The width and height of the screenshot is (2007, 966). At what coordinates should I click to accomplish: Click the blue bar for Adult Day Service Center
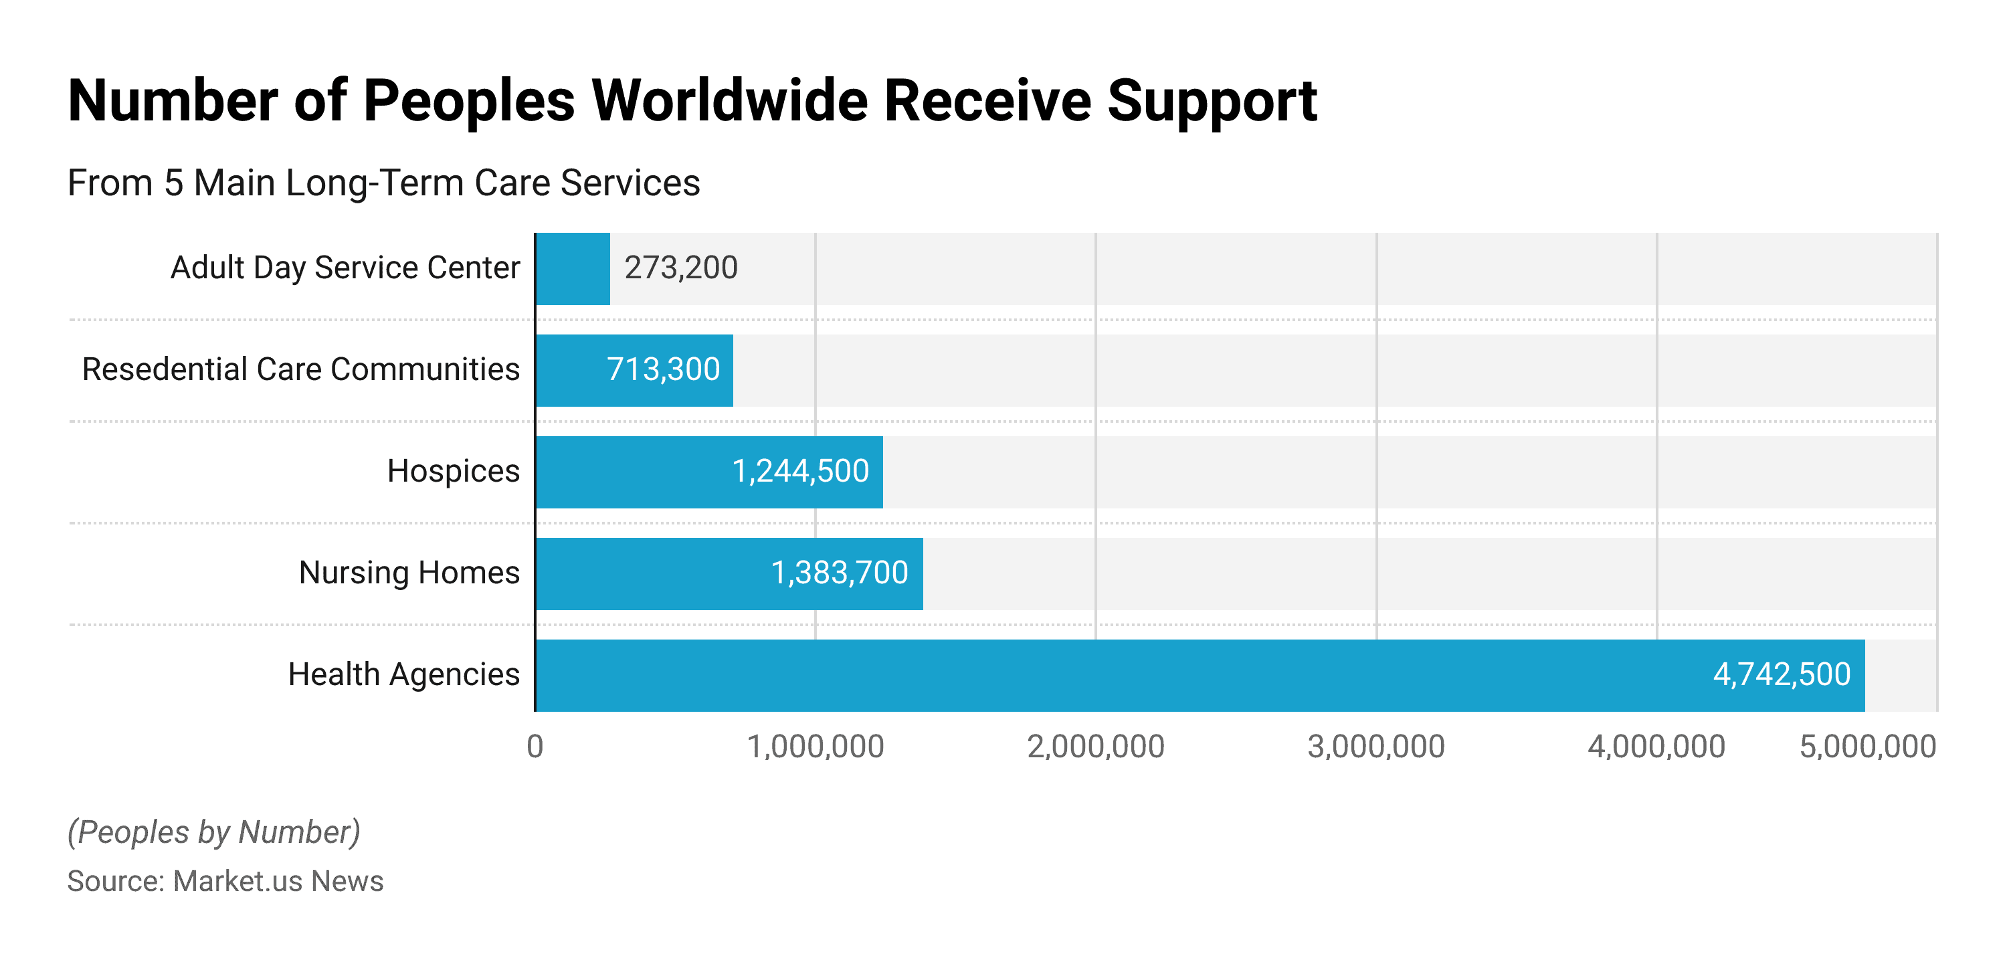(x=573, y=269)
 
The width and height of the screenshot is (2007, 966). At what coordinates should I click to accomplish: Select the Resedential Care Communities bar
(x=634, y=370)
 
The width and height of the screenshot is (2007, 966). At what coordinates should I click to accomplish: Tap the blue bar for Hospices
(x=709, y=472)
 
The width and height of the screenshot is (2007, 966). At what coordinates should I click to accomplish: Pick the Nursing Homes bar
(x=729, y=573)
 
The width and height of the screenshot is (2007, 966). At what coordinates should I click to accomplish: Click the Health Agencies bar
(x=1200, y=676)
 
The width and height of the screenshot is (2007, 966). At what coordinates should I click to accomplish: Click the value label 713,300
(x=663, y=369)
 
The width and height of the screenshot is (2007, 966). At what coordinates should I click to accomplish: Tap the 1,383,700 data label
(x=839, y=573)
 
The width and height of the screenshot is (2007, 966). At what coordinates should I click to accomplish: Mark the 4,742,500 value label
(x=1781, y=674)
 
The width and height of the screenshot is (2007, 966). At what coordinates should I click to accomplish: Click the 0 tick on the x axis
(x=535, y=747)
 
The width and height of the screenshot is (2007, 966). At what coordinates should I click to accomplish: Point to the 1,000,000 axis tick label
(x=815, y=747)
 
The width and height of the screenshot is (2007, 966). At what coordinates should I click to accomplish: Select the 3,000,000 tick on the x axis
(x=1376, y=747)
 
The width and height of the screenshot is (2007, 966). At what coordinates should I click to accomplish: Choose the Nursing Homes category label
(x=409, y=573)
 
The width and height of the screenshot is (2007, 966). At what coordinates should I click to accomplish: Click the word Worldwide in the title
(x=729, y=101)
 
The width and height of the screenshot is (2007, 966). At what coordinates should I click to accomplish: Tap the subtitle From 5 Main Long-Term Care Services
(x=383, y=183)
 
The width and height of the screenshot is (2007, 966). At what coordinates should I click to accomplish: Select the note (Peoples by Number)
(x=213, y=832)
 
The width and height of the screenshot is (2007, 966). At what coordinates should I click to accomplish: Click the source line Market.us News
(x=225, y=881)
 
